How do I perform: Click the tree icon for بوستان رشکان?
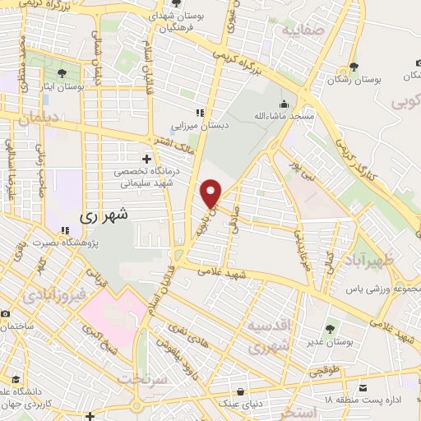[354, 67]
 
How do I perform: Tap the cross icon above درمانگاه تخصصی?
[147, 158]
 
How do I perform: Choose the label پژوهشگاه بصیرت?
[65, 244]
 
